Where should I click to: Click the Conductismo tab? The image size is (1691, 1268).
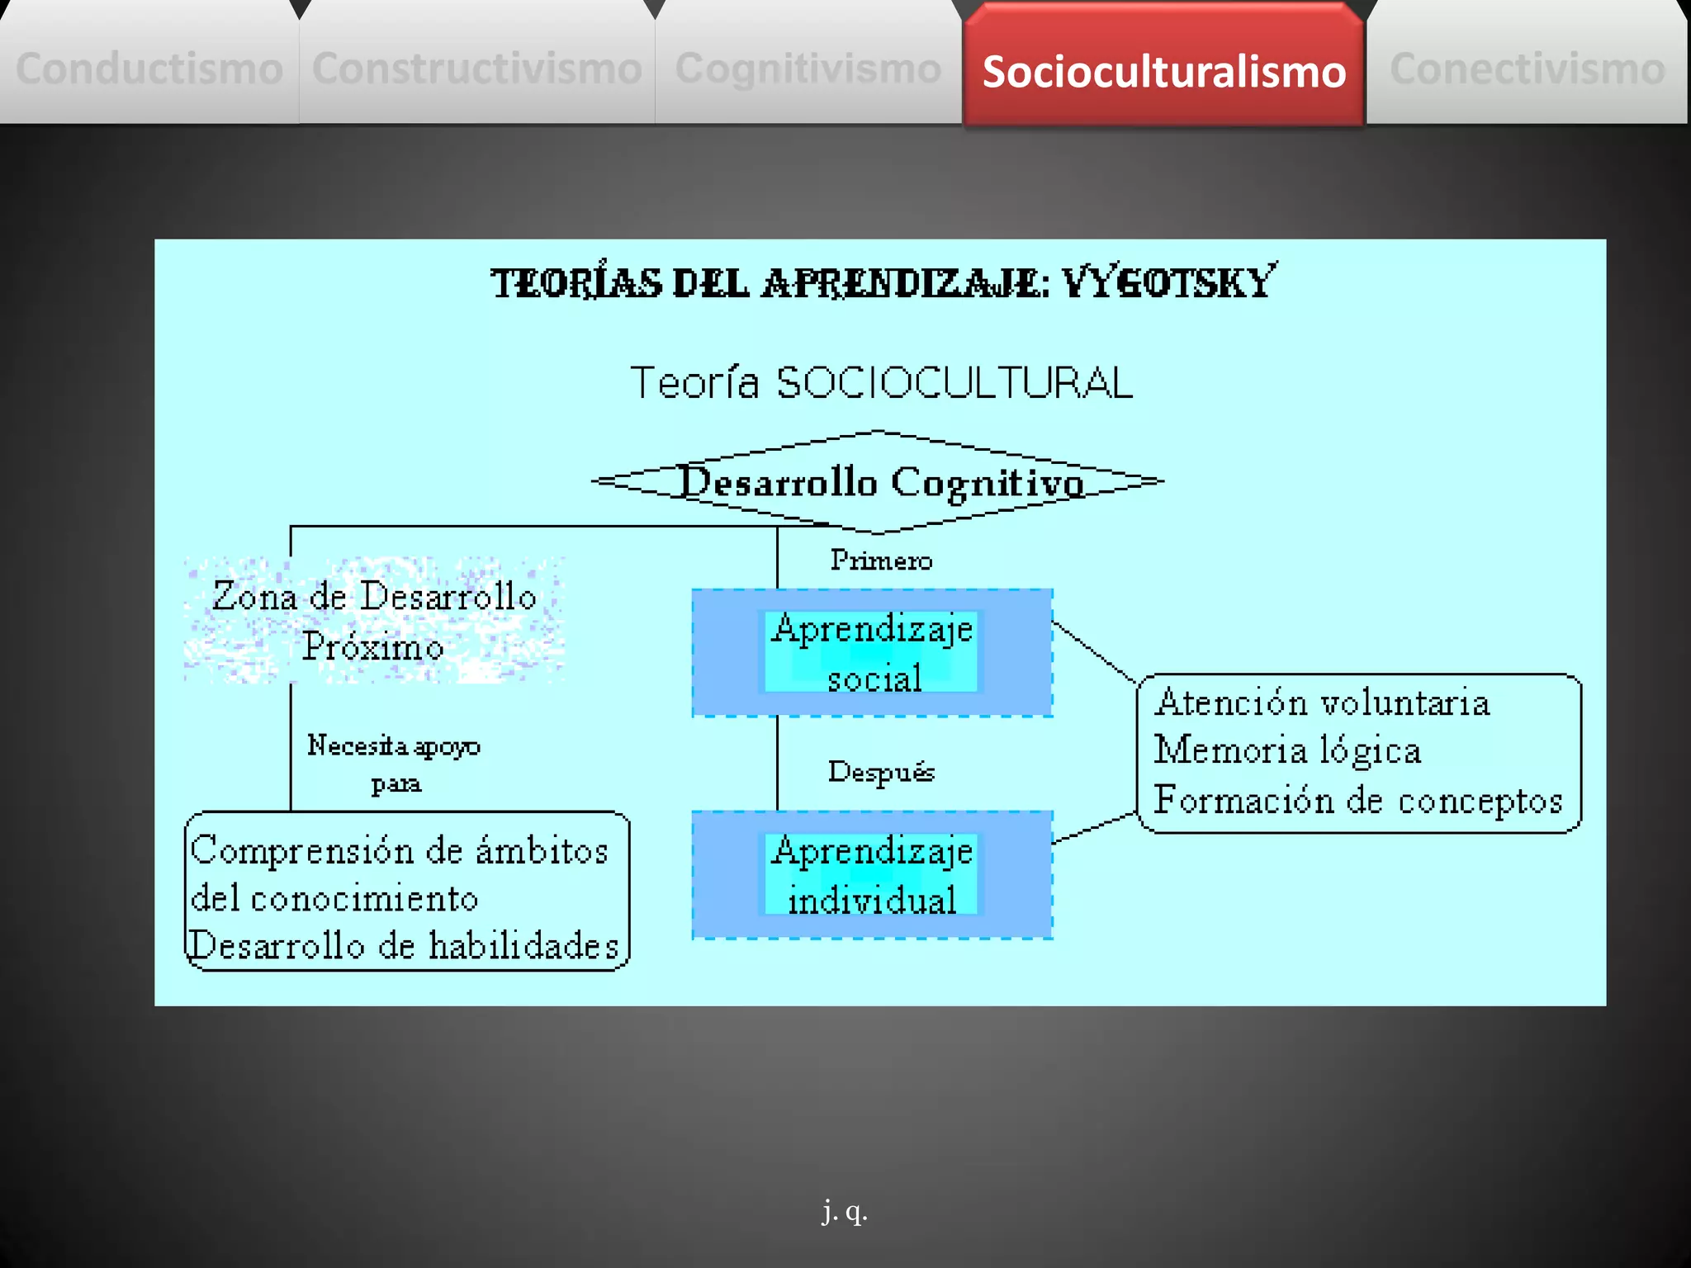coord(149,68)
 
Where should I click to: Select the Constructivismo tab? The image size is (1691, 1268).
coord(477,68)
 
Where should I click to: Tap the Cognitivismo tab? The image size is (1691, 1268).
coord(808,68)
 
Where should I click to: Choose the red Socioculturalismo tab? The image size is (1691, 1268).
coord(1163,71)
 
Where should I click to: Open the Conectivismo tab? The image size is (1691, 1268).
coord(1528,68)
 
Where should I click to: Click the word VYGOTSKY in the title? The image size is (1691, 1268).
coord(1168,283)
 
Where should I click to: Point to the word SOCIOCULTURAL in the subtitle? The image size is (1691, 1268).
coord(954,383)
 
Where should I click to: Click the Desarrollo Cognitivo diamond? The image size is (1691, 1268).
coord(879,482)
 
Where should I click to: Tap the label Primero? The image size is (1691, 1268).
coord(881,561)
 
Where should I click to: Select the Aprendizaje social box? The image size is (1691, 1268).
coord(872,652)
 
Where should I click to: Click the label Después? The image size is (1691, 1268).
coord(881,772)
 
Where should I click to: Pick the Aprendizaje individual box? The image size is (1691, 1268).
coord(872,875)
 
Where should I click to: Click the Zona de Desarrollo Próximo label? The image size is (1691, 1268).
coord(374,620)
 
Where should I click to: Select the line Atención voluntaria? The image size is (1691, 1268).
coord(1322,703)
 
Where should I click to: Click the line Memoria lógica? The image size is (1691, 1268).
coord(1287,750)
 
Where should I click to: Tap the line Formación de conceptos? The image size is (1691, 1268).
coord(1358,800)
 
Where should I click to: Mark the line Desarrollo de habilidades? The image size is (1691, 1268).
coord(405,946)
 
